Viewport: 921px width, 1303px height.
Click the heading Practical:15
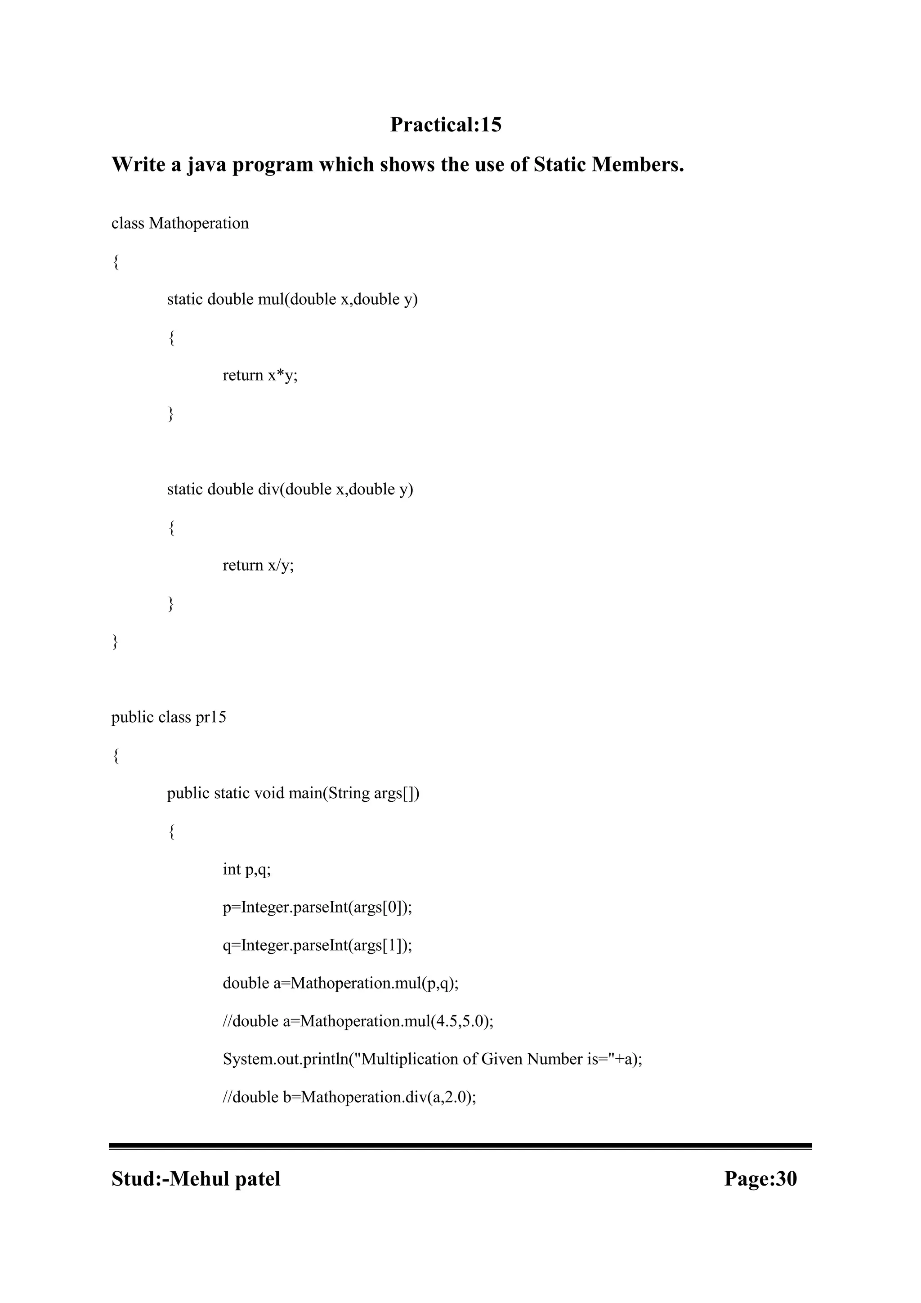coord(446,124)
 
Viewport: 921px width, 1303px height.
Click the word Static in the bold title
coord(559,165)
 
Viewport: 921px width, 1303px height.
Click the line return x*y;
coord(260,375)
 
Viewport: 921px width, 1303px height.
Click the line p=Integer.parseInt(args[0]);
coord(317,908)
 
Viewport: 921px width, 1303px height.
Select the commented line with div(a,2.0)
coord(349,1097)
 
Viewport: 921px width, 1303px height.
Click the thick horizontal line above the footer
coord(460,1146)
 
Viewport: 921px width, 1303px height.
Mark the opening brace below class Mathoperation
coord(116,262)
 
